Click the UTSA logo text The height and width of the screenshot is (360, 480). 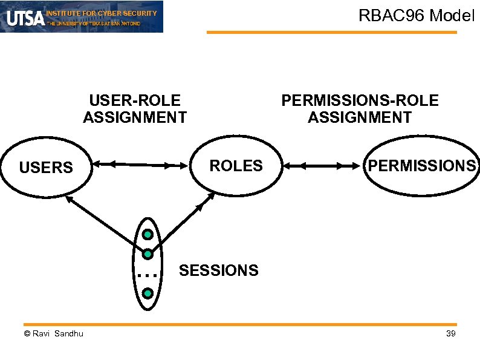(x=25, y=18)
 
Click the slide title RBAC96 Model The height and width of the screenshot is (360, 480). (x=417, y=16)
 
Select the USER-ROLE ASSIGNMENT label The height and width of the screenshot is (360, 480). (x=135, y=109)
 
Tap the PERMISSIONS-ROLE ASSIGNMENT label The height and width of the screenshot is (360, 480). (x=360, y=109)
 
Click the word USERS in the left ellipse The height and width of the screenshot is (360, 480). (x=46, y=168)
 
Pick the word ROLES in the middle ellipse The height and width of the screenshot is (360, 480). (x=236, y=165)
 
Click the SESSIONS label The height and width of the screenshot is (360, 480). (x=218, y=270)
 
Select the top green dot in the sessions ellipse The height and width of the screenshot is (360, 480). (x=148, y=234)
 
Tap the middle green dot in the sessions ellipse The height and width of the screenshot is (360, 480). (x=148, y=254)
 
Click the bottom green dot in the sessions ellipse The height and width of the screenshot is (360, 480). (x=148, y=293)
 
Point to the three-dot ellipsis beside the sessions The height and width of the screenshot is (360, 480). (x=147, y=275)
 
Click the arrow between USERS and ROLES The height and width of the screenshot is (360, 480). (x=139, y=164)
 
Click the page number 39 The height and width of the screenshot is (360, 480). (x=450, y=335)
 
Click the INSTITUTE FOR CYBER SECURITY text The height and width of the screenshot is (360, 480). (x=102, y=13)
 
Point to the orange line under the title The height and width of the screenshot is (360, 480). (x=332, y=32)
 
